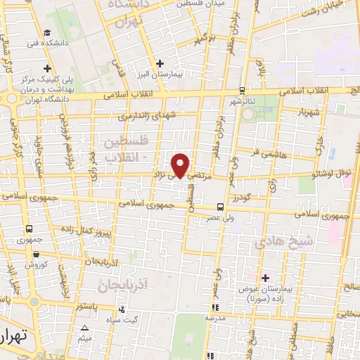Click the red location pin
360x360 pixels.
coord(182,165)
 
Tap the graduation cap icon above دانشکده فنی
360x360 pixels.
coord(46,32)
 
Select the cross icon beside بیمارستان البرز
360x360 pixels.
coord(161,63)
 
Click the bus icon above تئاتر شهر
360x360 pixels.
coord(242,90)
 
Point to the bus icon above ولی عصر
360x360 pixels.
coord(220,207)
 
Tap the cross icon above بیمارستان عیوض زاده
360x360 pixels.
coord(265,278)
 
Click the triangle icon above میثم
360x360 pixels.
coord(85,328)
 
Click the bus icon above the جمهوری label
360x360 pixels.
coord(30,229)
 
